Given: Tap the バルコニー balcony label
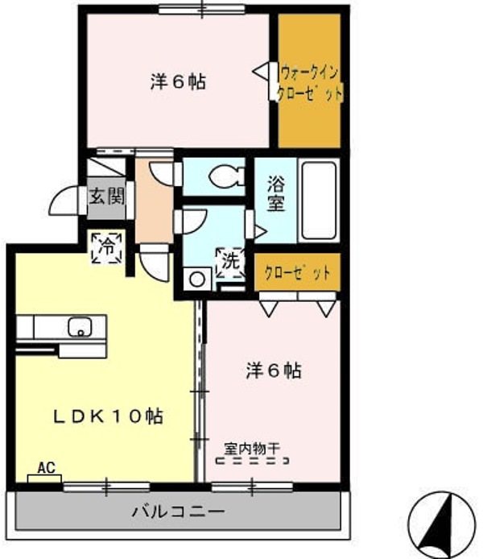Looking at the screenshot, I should (178, 511).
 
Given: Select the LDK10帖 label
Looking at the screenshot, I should (109, 416).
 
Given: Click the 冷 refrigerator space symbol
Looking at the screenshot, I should (106, 247).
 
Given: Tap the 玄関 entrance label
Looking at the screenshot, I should (105, 196).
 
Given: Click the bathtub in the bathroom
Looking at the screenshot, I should (320, 200).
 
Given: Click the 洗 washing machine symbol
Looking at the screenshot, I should (230, 260).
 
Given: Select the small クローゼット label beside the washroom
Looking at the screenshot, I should (298, 272).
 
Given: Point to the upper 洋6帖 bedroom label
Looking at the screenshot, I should (177, 81).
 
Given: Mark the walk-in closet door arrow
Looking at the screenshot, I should (262, 72).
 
